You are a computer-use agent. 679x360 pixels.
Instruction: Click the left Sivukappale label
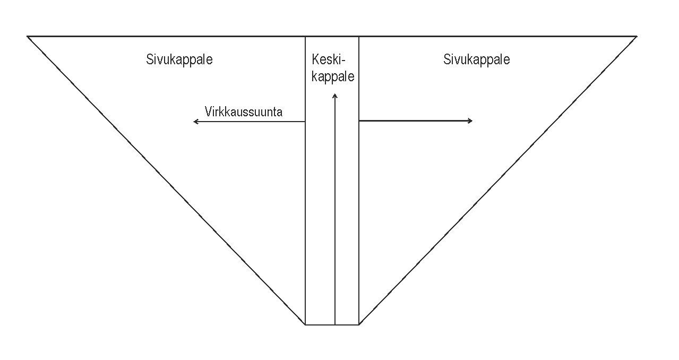[x=179, y=59]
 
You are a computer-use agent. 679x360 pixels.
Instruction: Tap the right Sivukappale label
[x=476, y=59]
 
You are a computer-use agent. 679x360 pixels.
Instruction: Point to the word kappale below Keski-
[x=333, y=76]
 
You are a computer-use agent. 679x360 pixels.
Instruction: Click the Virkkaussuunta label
[x=243, y=112]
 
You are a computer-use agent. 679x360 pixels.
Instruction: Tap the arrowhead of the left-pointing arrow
[x=195, y=122]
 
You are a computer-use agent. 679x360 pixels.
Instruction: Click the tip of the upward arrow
[x=335, y=95]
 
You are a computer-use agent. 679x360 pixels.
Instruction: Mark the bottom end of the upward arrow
[x=335, y=324]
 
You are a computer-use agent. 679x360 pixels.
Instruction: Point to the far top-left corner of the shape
[x=28, y=37]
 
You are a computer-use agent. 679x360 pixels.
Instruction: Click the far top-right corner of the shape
[x=636, y=37]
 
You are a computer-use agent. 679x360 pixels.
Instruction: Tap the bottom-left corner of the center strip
[x=305, y=324]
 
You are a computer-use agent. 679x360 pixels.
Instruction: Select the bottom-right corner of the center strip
[x=359, y=324]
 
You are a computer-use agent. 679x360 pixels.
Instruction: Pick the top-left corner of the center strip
[x=305, y=37]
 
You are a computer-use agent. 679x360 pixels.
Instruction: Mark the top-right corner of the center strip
[x=359, y=37]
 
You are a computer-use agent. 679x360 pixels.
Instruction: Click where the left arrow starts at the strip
[x=305, y=122]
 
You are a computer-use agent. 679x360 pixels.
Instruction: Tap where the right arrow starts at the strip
[x=359, y=121]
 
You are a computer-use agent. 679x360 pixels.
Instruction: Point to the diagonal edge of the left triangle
[x=166, y=181]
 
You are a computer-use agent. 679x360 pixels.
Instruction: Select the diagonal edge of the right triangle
[x=497, y=181]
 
